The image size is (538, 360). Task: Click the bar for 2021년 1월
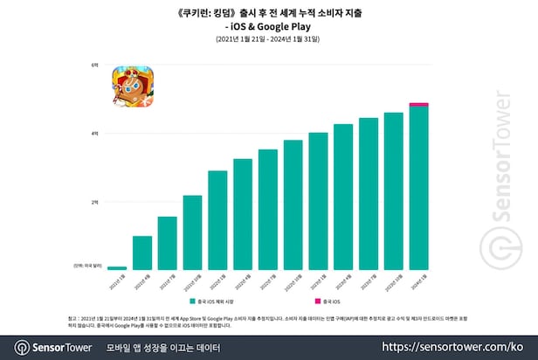[x=117, y=268]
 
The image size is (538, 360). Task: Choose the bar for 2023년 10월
[x=394, y=191]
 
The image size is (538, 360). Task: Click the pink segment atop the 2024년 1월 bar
[x=419, y=105]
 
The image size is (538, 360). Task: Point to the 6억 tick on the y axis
[x=94, y=65]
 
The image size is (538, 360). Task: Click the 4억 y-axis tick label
[x=94, y=133]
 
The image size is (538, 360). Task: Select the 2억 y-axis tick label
[x=94, y=202]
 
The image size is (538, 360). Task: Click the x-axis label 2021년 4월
[x=141, y=278]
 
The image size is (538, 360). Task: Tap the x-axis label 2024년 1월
[x=418, y=278]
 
